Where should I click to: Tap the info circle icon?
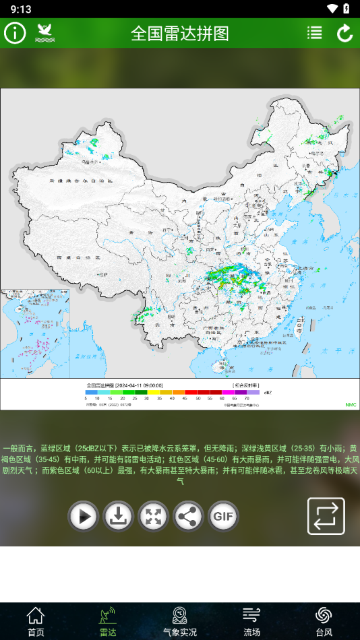click(15, 33)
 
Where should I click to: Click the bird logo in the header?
click(44, 33)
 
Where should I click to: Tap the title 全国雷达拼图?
click(180, 34)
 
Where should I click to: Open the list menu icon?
click(314, 33)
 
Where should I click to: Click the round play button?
click(84, 517)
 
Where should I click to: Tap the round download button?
click(119, 517)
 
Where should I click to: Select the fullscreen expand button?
click(154, 517)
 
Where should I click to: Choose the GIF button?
click(223, 517)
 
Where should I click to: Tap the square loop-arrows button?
click(326, 516)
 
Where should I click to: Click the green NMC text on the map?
click(351, 405)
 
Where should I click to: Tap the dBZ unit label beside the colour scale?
click(268, 392)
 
